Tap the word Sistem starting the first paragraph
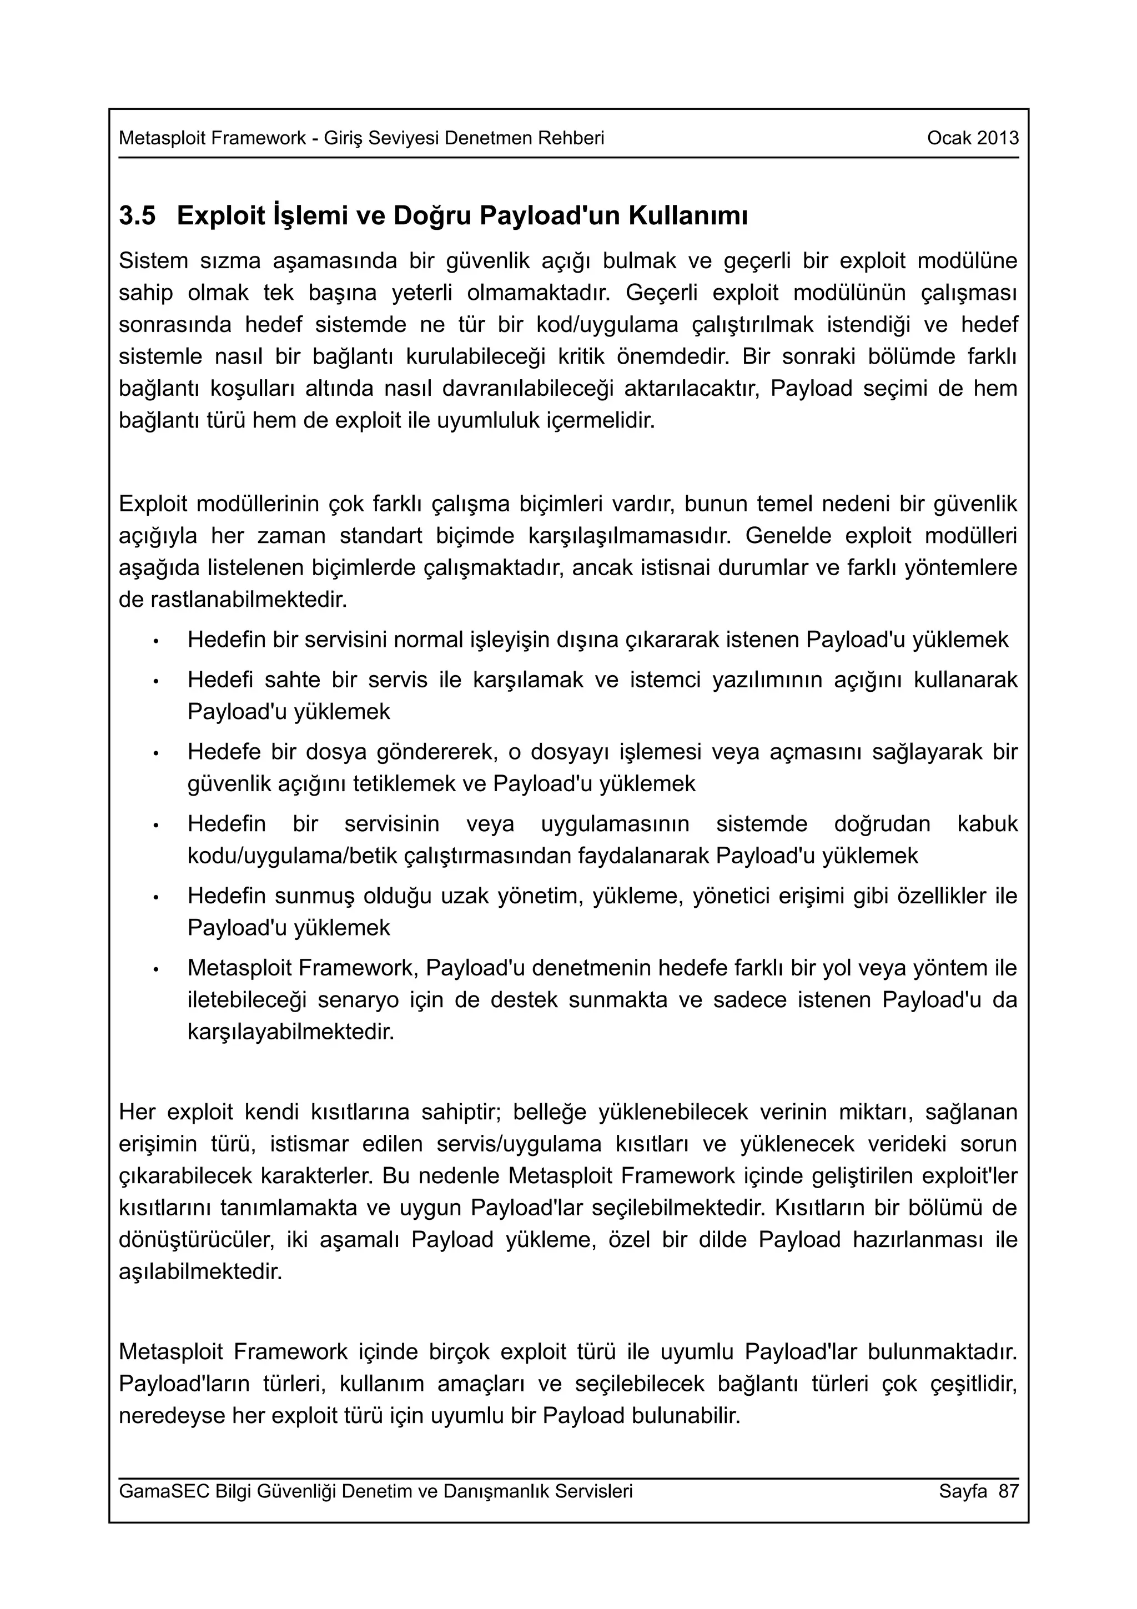tap(153, 261)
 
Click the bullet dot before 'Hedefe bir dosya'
tap(157, 753)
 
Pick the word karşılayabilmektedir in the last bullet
tap(291, 1032)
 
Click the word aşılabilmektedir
tap(200, 1271)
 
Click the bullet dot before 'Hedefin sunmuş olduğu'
tap(157, 898)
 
